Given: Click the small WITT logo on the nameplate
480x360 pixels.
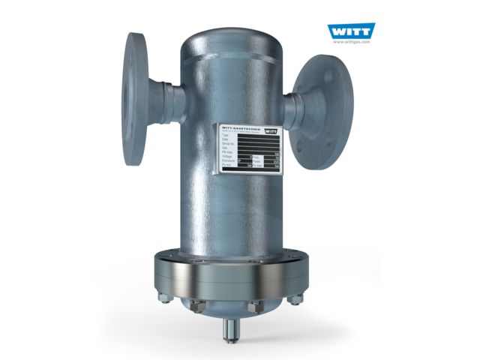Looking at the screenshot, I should point(274,130).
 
